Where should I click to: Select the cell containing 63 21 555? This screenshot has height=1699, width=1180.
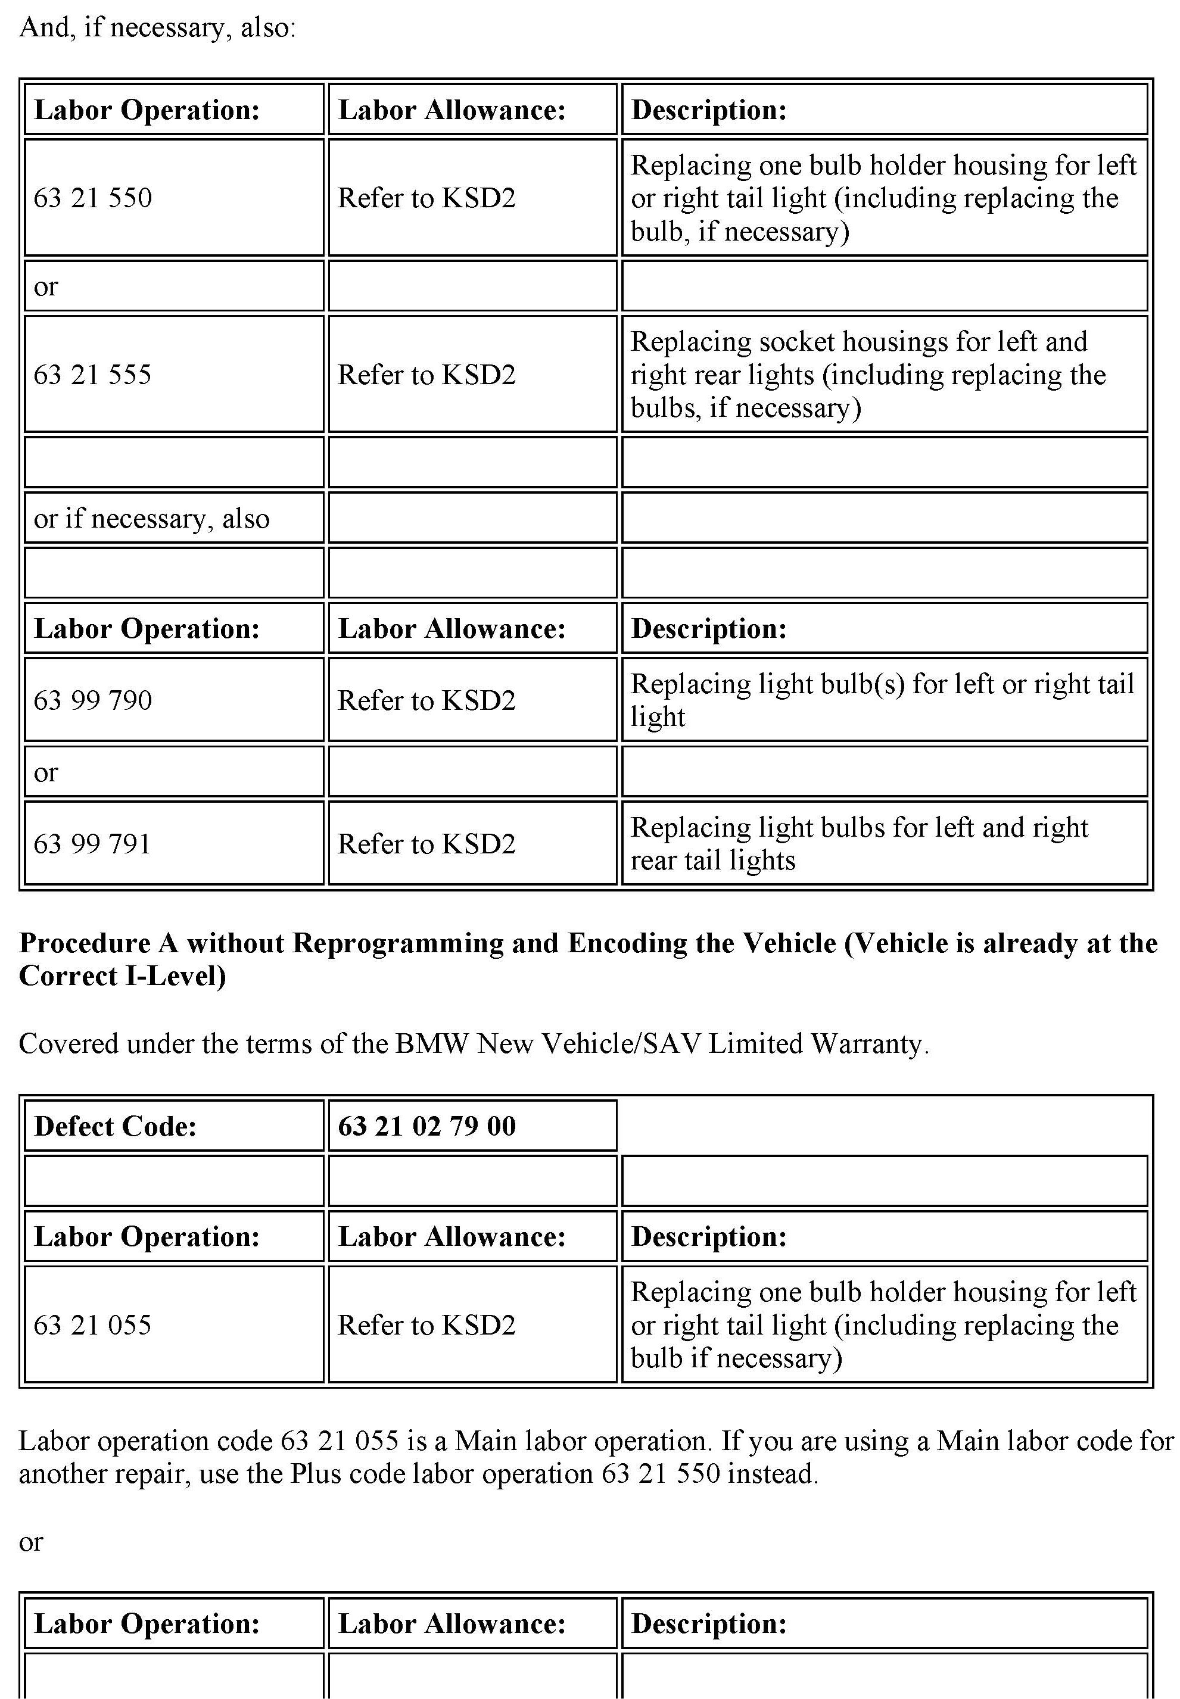[x=93, y=375]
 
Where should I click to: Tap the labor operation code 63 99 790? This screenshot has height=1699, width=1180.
[x=93, y=700]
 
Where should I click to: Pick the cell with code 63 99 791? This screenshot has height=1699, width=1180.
[x=93, y=843]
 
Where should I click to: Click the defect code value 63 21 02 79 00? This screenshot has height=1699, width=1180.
[x=426, y=1126]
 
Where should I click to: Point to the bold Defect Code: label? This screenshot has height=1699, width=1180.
[x=116, y=1126]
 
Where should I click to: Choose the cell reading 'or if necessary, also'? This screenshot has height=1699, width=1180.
[x=151, y=518]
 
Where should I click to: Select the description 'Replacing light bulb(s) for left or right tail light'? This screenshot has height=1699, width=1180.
[x=882, y=700]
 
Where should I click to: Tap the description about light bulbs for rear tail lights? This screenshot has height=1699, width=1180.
[x=858, y=843]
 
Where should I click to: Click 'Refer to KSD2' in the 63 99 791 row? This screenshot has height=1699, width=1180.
[x=426, y=843]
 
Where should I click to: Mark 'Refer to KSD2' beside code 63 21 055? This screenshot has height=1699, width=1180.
[x=426, y=1325]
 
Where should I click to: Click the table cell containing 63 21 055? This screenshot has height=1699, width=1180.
[x=93, y=1325]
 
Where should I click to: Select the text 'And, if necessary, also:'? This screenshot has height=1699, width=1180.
[x=157, y=27]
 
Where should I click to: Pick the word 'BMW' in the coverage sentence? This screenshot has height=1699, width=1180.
[x=432, y=1043]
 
